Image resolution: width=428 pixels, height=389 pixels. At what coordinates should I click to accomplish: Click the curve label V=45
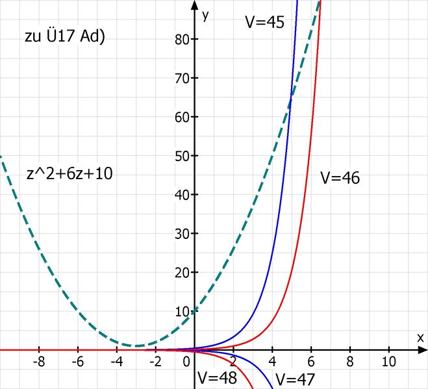click(x=264, y=21)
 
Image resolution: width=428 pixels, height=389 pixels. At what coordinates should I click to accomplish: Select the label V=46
click(x=340, y=177)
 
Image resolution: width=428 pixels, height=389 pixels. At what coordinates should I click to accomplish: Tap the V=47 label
click(x=295, y=379)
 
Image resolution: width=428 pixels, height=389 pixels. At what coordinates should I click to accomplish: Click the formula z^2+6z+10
click(x=69, y=174)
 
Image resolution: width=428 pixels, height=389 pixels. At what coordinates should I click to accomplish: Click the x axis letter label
click(x=420, y=337)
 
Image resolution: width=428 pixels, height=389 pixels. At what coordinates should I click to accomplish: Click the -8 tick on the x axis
click(x=40, y=360)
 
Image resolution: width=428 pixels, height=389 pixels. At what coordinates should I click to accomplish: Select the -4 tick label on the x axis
click(x=117, y=360)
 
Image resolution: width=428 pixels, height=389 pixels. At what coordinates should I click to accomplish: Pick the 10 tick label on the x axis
click(x=388, y=360)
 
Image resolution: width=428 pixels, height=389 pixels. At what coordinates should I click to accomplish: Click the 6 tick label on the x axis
click(x=310, y=360)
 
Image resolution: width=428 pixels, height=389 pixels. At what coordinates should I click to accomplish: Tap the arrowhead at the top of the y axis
click(x=194, y=5)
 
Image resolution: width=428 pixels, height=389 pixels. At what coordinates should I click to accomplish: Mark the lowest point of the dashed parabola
click(x=136, y=345)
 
